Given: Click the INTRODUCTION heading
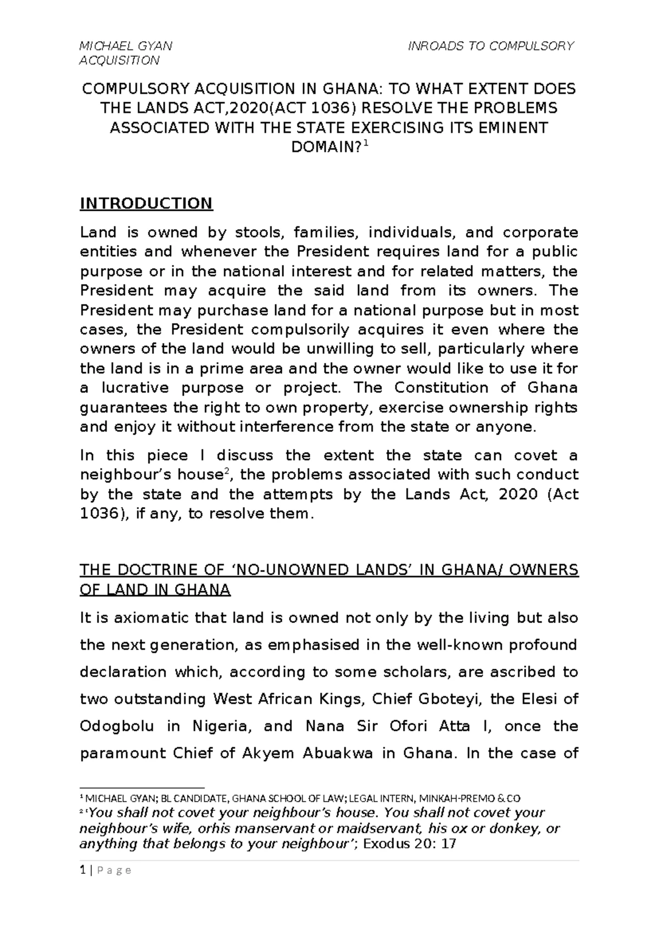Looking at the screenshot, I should [146, 204].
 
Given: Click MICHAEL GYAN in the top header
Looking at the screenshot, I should [126, 46].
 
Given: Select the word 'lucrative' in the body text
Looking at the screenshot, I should [131, 388].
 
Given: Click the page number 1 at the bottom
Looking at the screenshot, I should [82, 870].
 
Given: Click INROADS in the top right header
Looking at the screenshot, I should [435, 46].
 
